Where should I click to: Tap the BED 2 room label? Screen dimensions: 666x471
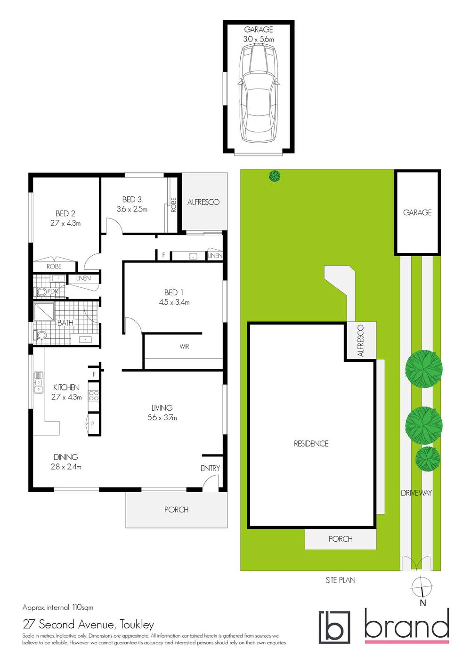pos(65,213)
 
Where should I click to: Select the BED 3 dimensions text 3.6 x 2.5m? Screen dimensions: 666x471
pos(132,209)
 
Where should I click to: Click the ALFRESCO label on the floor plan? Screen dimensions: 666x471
pos(203,202)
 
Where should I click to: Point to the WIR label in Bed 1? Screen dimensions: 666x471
pos(184,347)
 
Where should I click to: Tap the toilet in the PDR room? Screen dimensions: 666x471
pos(42,292)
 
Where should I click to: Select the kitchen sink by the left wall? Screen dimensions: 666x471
pos(38,382)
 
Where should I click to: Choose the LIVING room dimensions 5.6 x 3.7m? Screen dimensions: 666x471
pos(162,417)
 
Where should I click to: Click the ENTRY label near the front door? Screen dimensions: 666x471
pos(210,468)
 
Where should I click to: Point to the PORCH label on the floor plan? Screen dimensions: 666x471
pos(176,510)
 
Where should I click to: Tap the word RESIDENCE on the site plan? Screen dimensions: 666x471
pos(311,444)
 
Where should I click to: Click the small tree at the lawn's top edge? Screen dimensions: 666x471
pos(274,176)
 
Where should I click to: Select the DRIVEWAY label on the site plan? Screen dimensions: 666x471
pos(416,493)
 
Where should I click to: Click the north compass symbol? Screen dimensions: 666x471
pos(422,587)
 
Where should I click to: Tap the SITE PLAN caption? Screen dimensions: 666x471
pos(341,580)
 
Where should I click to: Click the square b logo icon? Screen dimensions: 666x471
pos(334,627)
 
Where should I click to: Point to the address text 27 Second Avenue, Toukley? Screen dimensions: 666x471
pos(89,625)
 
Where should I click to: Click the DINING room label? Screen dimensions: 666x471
pos(66,457)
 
